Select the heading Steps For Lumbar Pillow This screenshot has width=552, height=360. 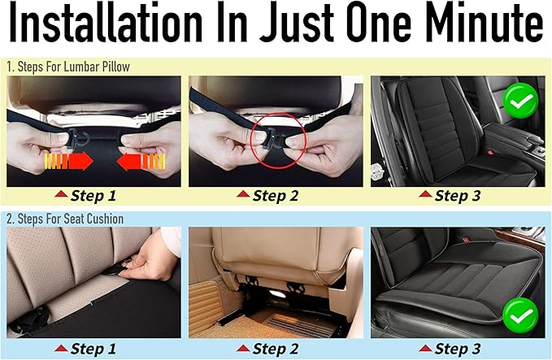[x=73, y=67]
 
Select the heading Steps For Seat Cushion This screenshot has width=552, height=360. [x=71, y=219]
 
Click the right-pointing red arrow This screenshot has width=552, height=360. [x=69, y=162]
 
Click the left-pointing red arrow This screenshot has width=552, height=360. [x=141, y=162]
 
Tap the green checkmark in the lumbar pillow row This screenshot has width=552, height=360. [x=520, y=102]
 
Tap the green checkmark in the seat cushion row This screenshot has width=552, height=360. [x=520, y=315]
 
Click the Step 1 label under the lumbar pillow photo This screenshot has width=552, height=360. [x=93, y=196]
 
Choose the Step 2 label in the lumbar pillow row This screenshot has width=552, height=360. [x=276, y=196]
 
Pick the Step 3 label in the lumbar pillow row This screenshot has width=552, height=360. [x=458, y=196]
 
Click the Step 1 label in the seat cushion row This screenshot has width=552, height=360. [x=93, y=349]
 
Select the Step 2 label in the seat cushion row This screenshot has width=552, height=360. [x=276, y=349]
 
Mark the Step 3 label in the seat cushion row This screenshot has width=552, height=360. [x=458, y=349]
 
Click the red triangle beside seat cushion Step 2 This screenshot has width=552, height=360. [x=243, y=349]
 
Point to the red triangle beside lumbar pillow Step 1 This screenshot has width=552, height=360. [x=61, y=194]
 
